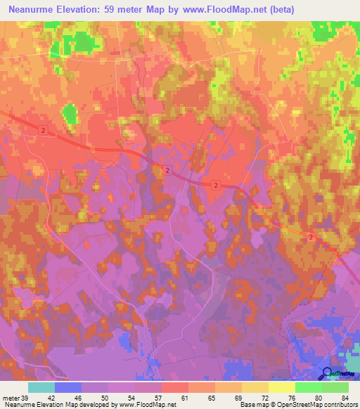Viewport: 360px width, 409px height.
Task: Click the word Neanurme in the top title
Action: pos(36,10)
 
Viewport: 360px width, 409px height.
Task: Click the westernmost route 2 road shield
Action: pos(44,131)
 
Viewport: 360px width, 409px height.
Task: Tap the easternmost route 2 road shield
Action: pos(310,238)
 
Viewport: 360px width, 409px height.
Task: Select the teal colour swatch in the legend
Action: pos(41,387)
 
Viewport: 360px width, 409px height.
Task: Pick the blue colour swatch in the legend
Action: pos(68,387)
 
